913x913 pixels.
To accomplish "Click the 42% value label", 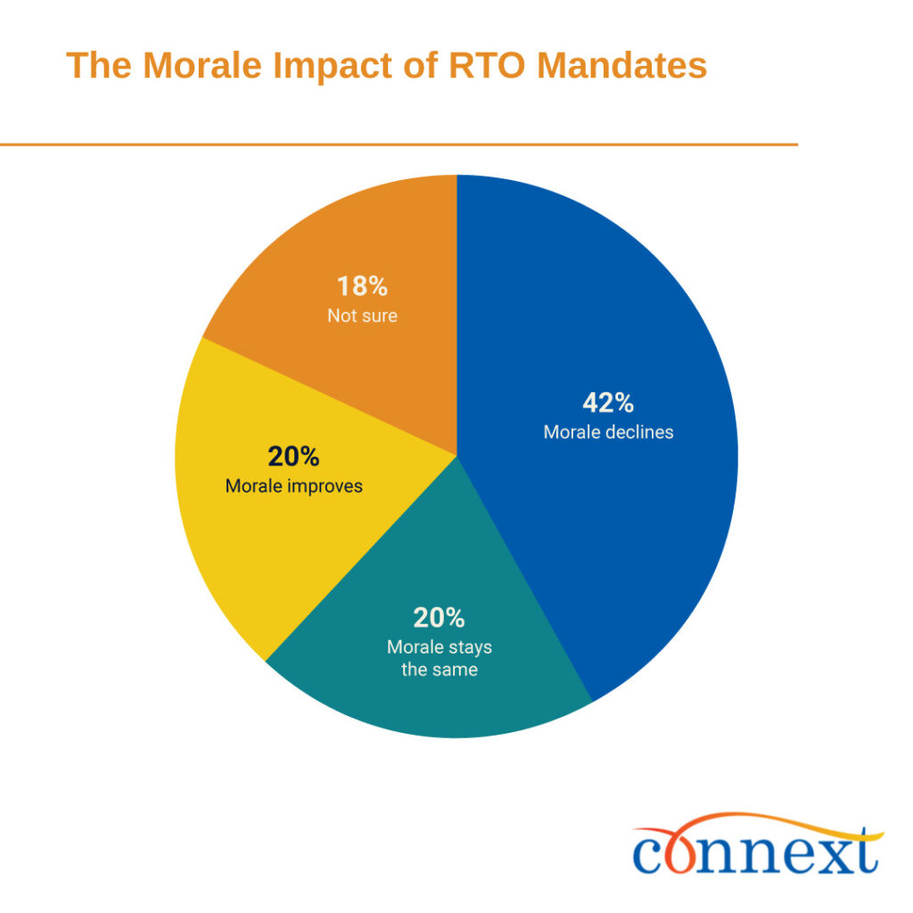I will pyautogui.click(x=608, y=403).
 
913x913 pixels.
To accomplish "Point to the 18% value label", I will pyautogui.click(x=362, y=287).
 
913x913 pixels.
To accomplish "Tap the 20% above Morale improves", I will pyautogui.click(x=293, y=457).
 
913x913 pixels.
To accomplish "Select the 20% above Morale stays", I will pyautogui.click(x=439, y=618).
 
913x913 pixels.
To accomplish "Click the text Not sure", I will pyautogui.click(x=362, y=316).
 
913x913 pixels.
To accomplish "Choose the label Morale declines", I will pyautogui.click(x=608, y=432).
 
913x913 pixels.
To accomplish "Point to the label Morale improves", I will pyautogui.click(x=293, y=487).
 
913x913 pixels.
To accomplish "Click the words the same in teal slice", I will pyautogui.click(x=439, y=670).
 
